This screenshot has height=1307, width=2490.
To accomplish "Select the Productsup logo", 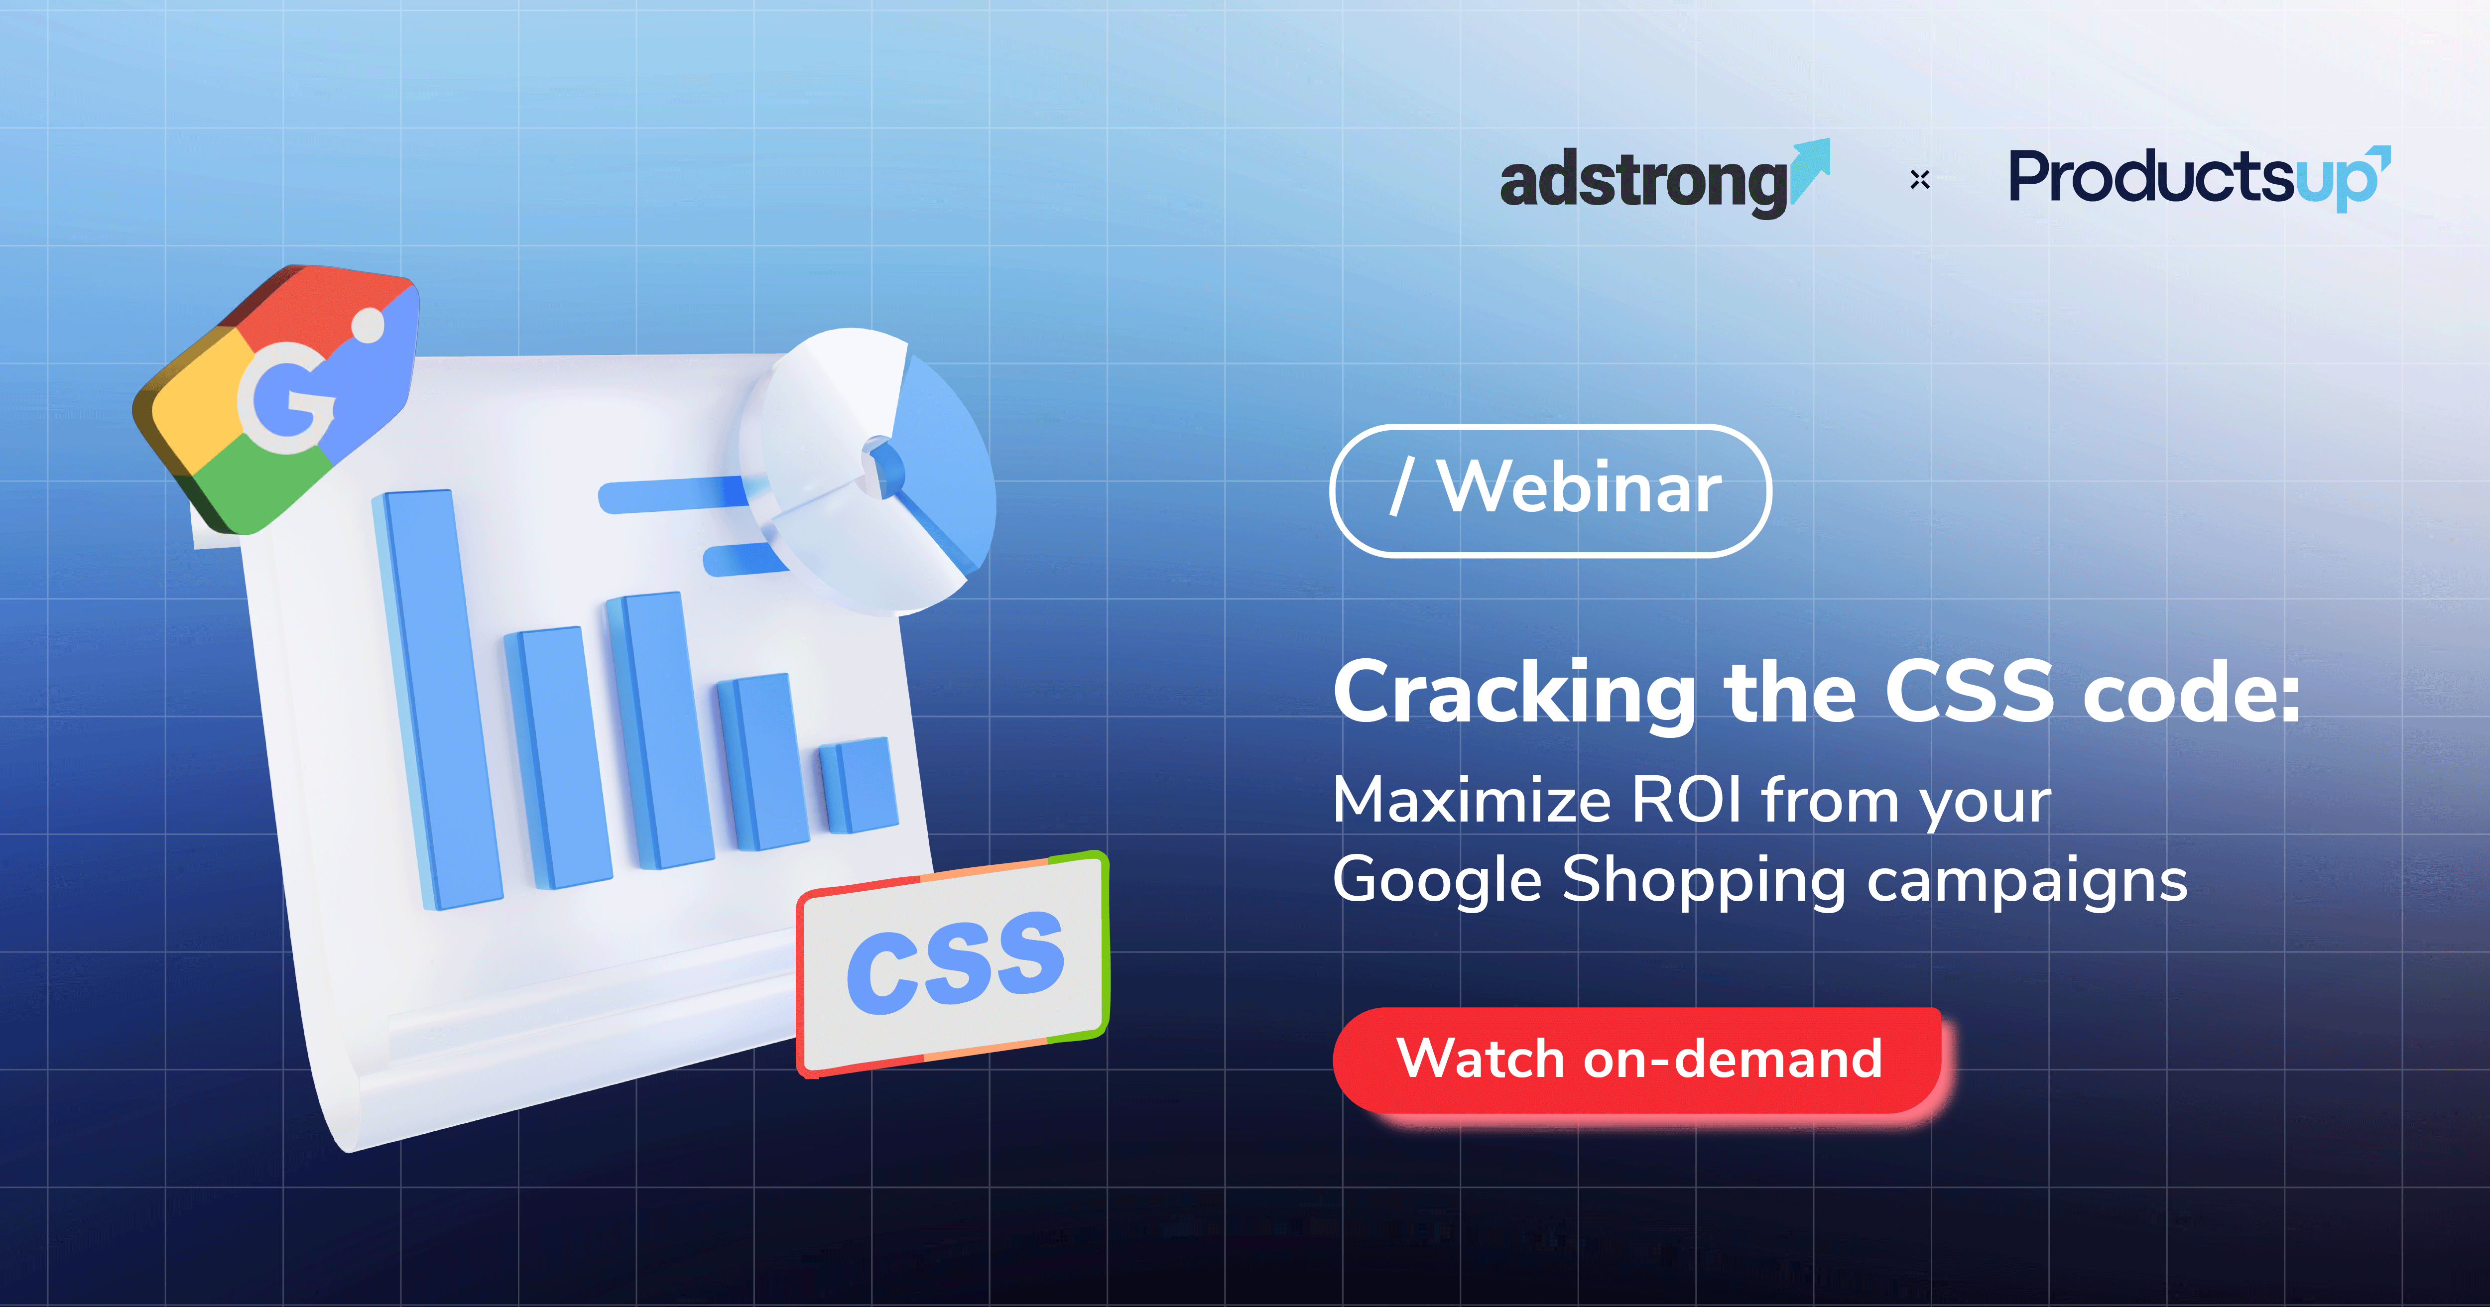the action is click(x=2199, y=179).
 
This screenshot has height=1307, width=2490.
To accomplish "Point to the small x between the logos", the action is click(x=1920, y=180).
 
